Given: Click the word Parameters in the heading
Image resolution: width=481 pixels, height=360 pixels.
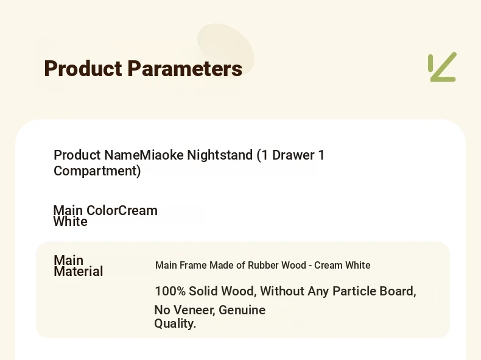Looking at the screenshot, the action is (184, 68).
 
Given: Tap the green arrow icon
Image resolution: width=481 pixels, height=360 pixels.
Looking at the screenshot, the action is (443, 67).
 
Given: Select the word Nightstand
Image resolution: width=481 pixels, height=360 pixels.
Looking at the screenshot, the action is (220, 155).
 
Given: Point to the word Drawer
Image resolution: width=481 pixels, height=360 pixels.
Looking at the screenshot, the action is (293, 155).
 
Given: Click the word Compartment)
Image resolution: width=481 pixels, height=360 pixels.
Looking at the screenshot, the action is (97, 171).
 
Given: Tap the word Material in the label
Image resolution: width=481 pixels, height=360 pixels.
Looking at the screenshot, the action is (78, 271).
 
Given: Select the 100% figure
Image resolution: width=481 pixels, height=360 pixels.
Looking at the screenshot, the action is (170, 291).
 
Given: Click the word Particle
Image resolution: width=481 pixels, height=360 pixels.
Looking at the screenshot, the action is (354, 291).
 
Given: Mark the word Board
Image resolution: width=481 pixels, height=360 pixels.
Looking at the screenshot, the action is (398, 291).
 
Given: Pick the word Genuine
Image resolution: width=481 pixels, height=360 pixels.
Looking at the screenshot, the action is (242, 310).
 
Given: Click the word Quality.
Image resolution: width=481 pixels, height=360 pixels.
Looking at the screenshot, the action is (175, 323).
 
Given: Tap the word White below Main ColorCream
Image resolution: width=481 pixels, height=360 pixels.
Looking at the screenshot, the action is (70, 221).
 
